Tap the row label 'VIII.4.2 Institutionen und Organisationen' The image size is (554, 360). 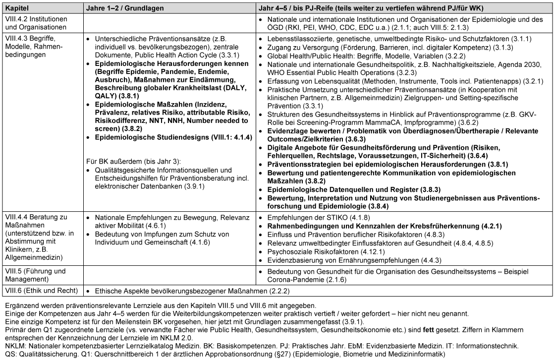click(35, 23)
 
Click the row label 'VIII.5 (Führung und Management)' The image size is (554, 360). click(35, 275)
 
